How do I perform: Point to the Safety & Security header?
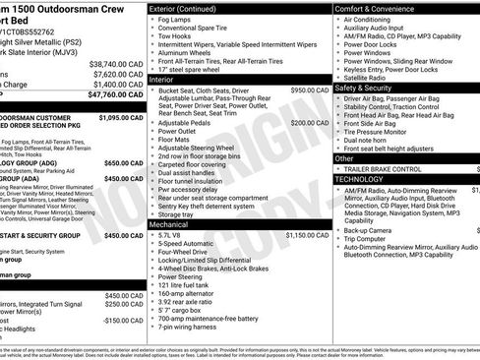click(370, 88)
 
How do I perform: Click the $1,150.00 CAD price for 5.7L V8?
click(307, 236)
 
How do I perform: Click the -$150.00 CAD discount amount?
click(125, 320)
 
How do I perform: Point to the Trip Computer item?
click(371, 239)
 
